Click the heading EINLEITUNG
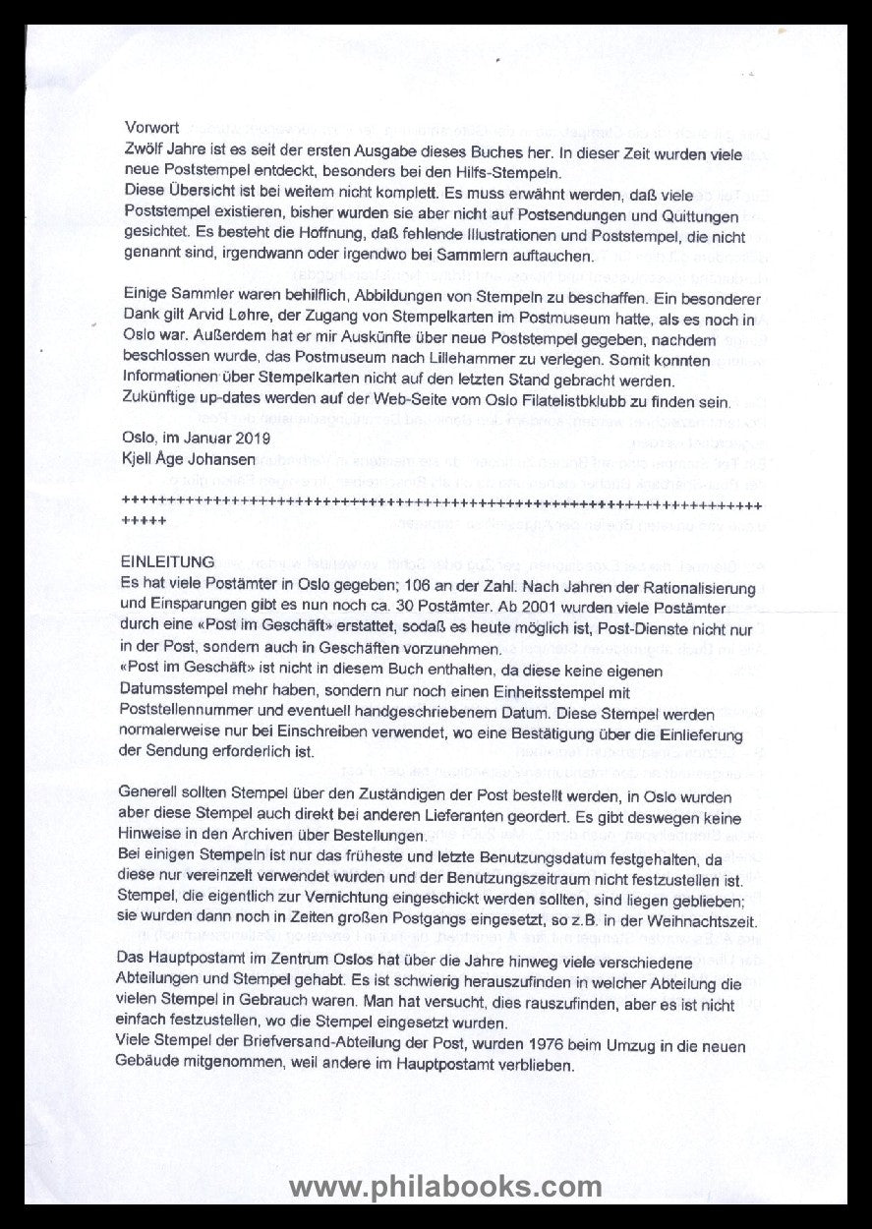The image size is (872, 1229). coord(169,562)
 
